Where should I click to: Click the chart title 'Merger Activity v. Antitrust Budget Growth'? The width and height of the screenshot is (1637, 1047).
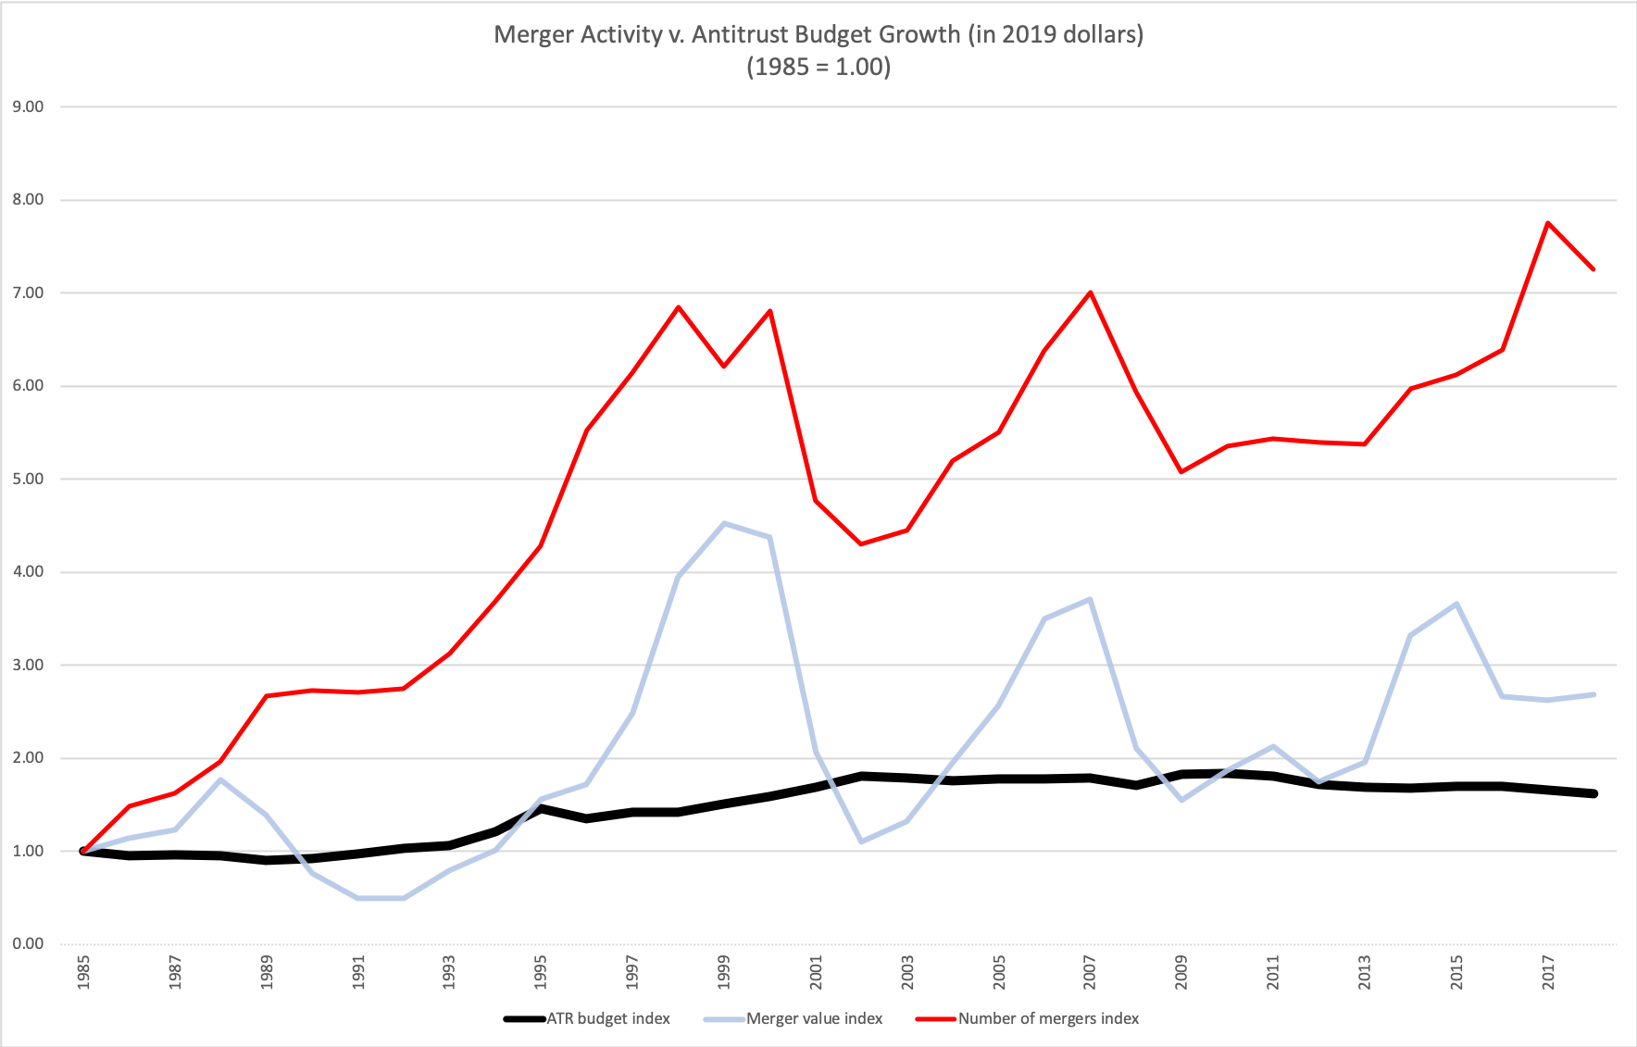tap(818, 35)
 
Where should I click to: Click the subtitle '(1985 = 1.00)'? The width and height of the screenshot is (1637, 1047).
tap(818, 68)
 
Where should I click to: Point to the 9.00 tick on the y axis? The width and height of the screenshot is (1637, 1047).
tap(29, 106)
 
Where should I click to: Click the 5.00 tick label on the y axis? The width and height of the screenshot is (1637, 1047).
tap(29, 479)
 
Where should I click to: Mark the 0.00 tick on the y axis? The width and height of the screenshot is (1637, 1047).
tap(29, 943)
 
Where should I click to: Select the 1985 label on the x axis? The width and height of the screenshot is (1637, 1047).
tap(84, 972)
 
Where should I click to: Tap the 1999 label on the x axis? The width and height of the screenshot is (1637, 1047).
tap(724, 972)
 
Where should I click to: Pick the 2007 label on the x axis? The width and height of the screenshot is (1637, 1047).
tap(1090, 972)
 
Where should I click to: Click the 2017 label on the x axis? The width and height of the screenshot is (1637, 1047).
tap(1547, 972)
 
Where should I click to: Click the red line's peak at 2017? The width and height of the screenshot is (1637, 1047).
tap(1547, 223)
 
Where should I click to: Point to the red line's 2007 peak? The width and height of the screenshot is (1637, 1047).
tap(1090, 293)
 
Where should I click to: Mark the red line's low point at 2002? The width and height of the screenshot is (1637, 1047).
tap(861, 543)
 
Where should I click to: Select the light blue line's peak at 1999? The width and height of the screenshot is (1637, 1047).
tap(724, 523)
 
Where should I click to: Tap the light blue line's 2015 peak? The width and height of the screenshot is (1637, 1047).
tap(1456, 604)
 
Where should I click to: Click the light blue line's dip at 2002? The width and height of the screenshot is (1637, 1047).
tap(861, 841)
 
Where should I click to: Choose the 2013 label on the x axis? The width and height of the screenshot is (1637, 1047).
tap(1365, 972)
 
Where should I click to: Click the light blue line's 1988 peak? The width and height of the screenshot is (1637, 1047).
tap(221, 779)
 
